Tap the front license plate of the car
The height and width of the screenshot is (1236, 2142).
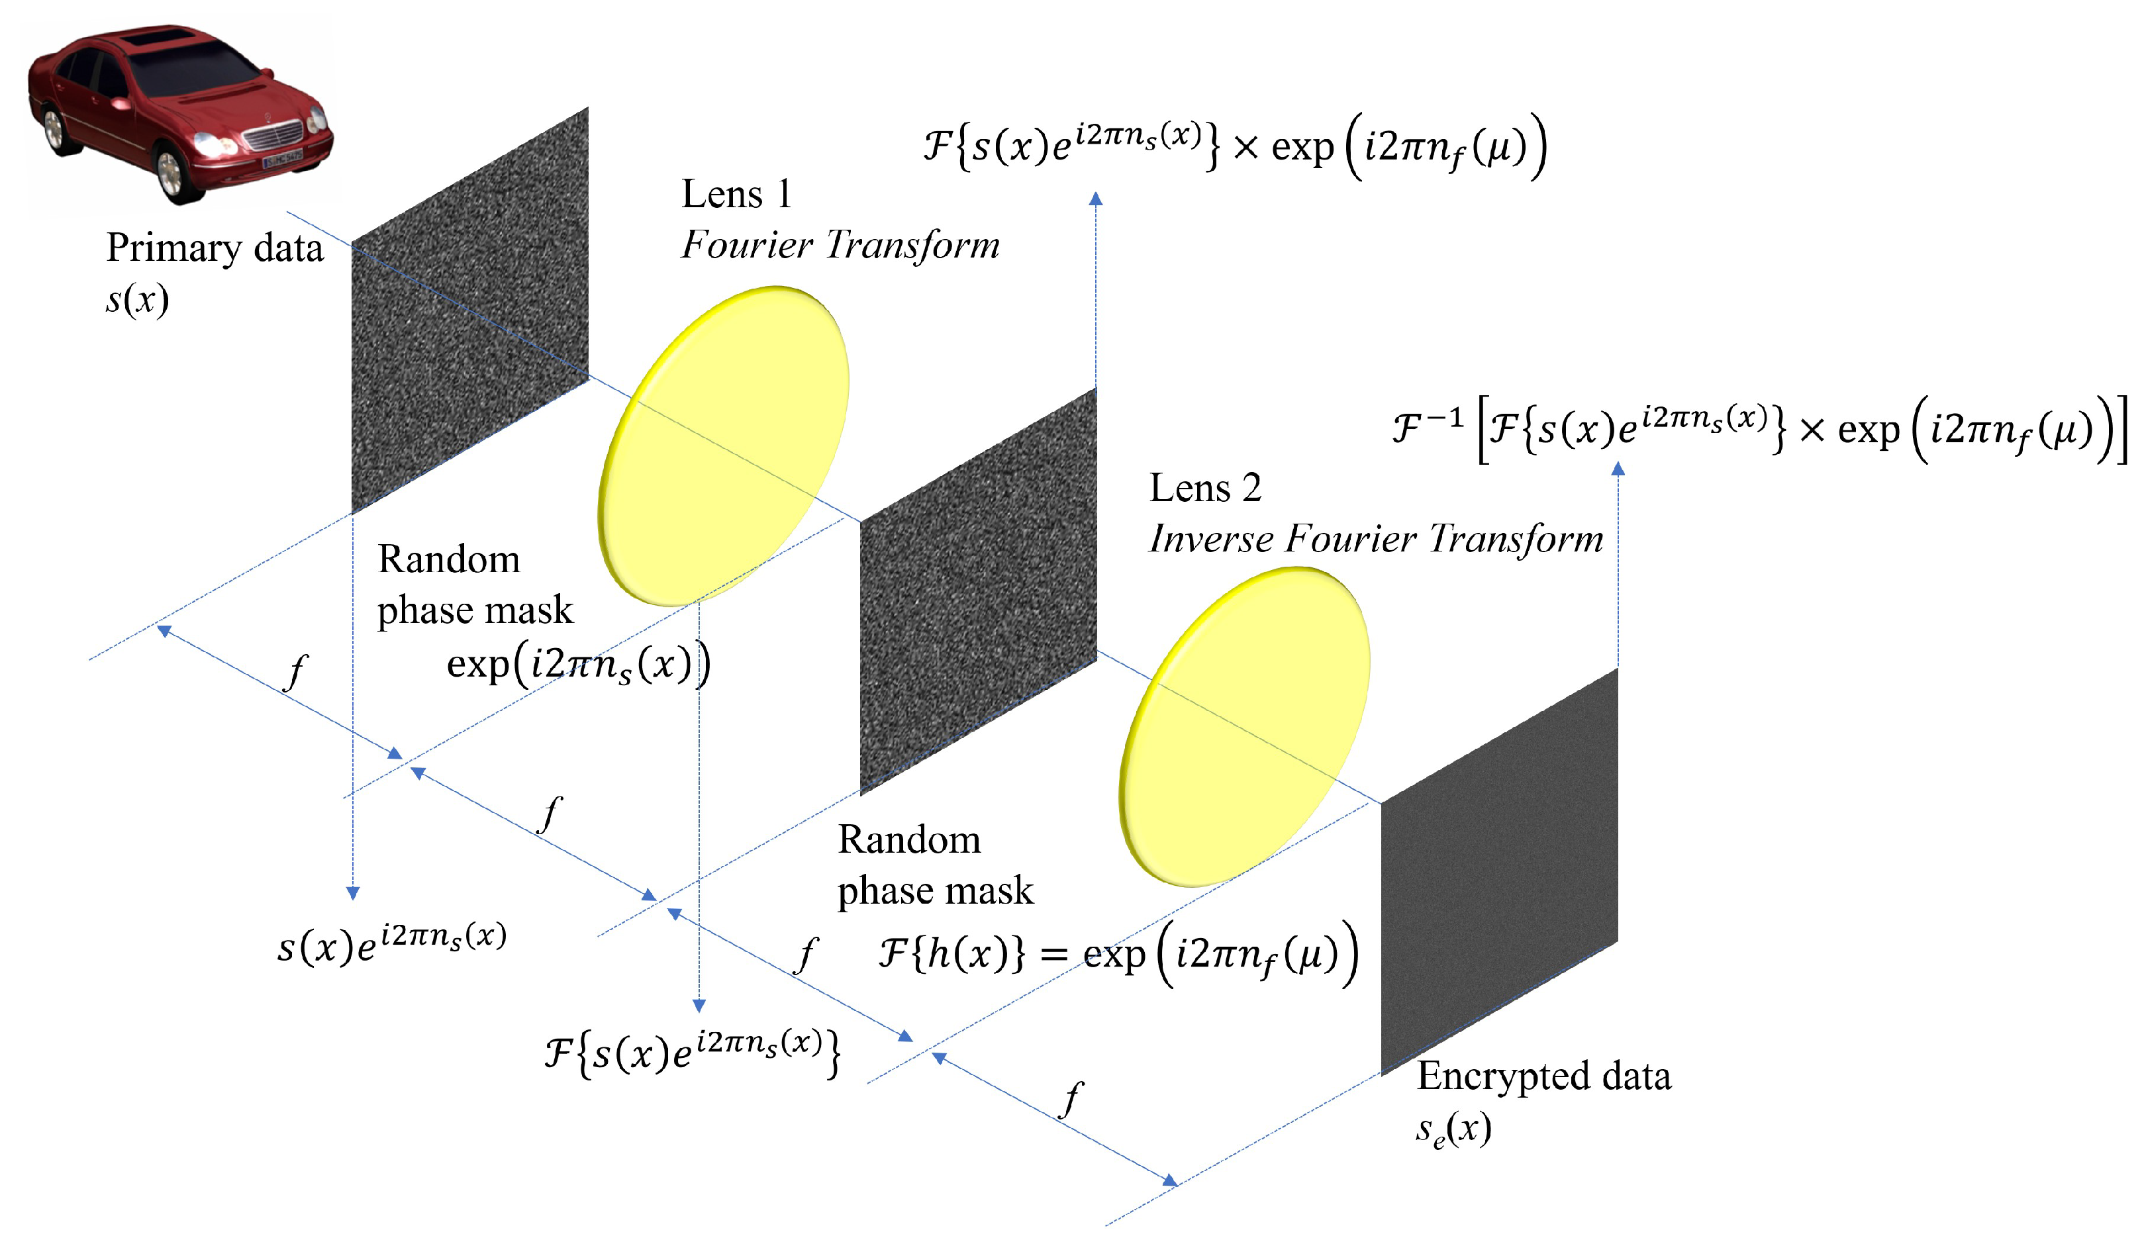[283, 158]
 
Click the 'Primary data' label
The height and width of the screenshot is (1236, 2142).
[215, 248]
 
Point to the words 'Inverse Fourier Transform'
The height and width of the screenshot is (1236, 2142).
[1375, 539]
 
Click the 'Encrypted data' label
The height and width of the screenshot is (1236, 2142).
[1543, 1076]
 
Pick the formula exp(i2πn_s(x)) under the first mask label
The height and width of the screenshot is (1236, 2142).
[578, 665]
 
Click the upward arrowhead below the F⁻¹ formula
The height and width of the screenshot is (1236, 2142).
[1618, 469]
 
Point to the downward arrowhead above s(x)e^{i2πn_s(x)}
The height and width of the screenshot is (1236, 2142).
[353, 892]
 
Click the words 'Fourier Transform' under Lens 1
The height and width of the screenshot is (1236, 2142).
[840, 246]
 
